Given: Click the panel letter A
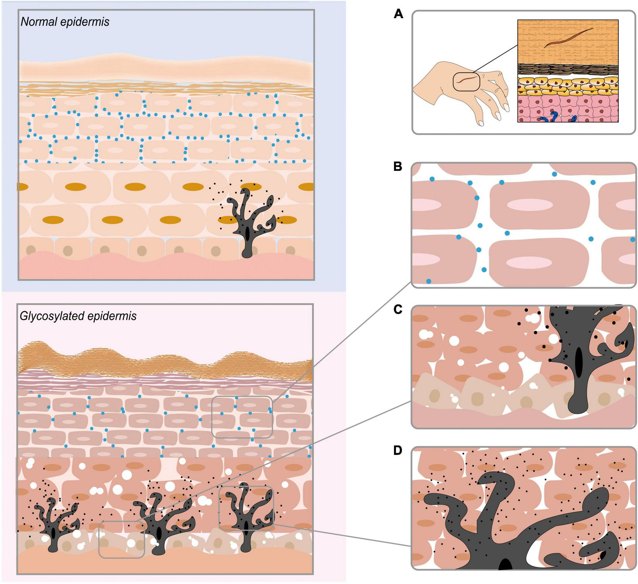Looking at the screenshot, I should [398, 14].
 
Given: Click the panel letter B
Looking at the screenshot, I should [397, 167].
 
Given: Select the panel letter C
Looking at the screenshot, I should [398, 310].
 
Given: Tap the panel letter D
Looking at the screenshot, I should [398, 451].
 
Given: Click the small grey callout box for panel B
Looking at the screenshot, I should [242, 417].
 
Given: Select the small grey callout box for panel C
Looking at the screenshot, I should [121, 539].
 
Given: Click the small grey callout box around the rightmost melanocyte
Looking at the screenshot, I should [246, 508].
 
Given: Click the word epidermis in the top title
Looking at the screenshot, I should [89, 22].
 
